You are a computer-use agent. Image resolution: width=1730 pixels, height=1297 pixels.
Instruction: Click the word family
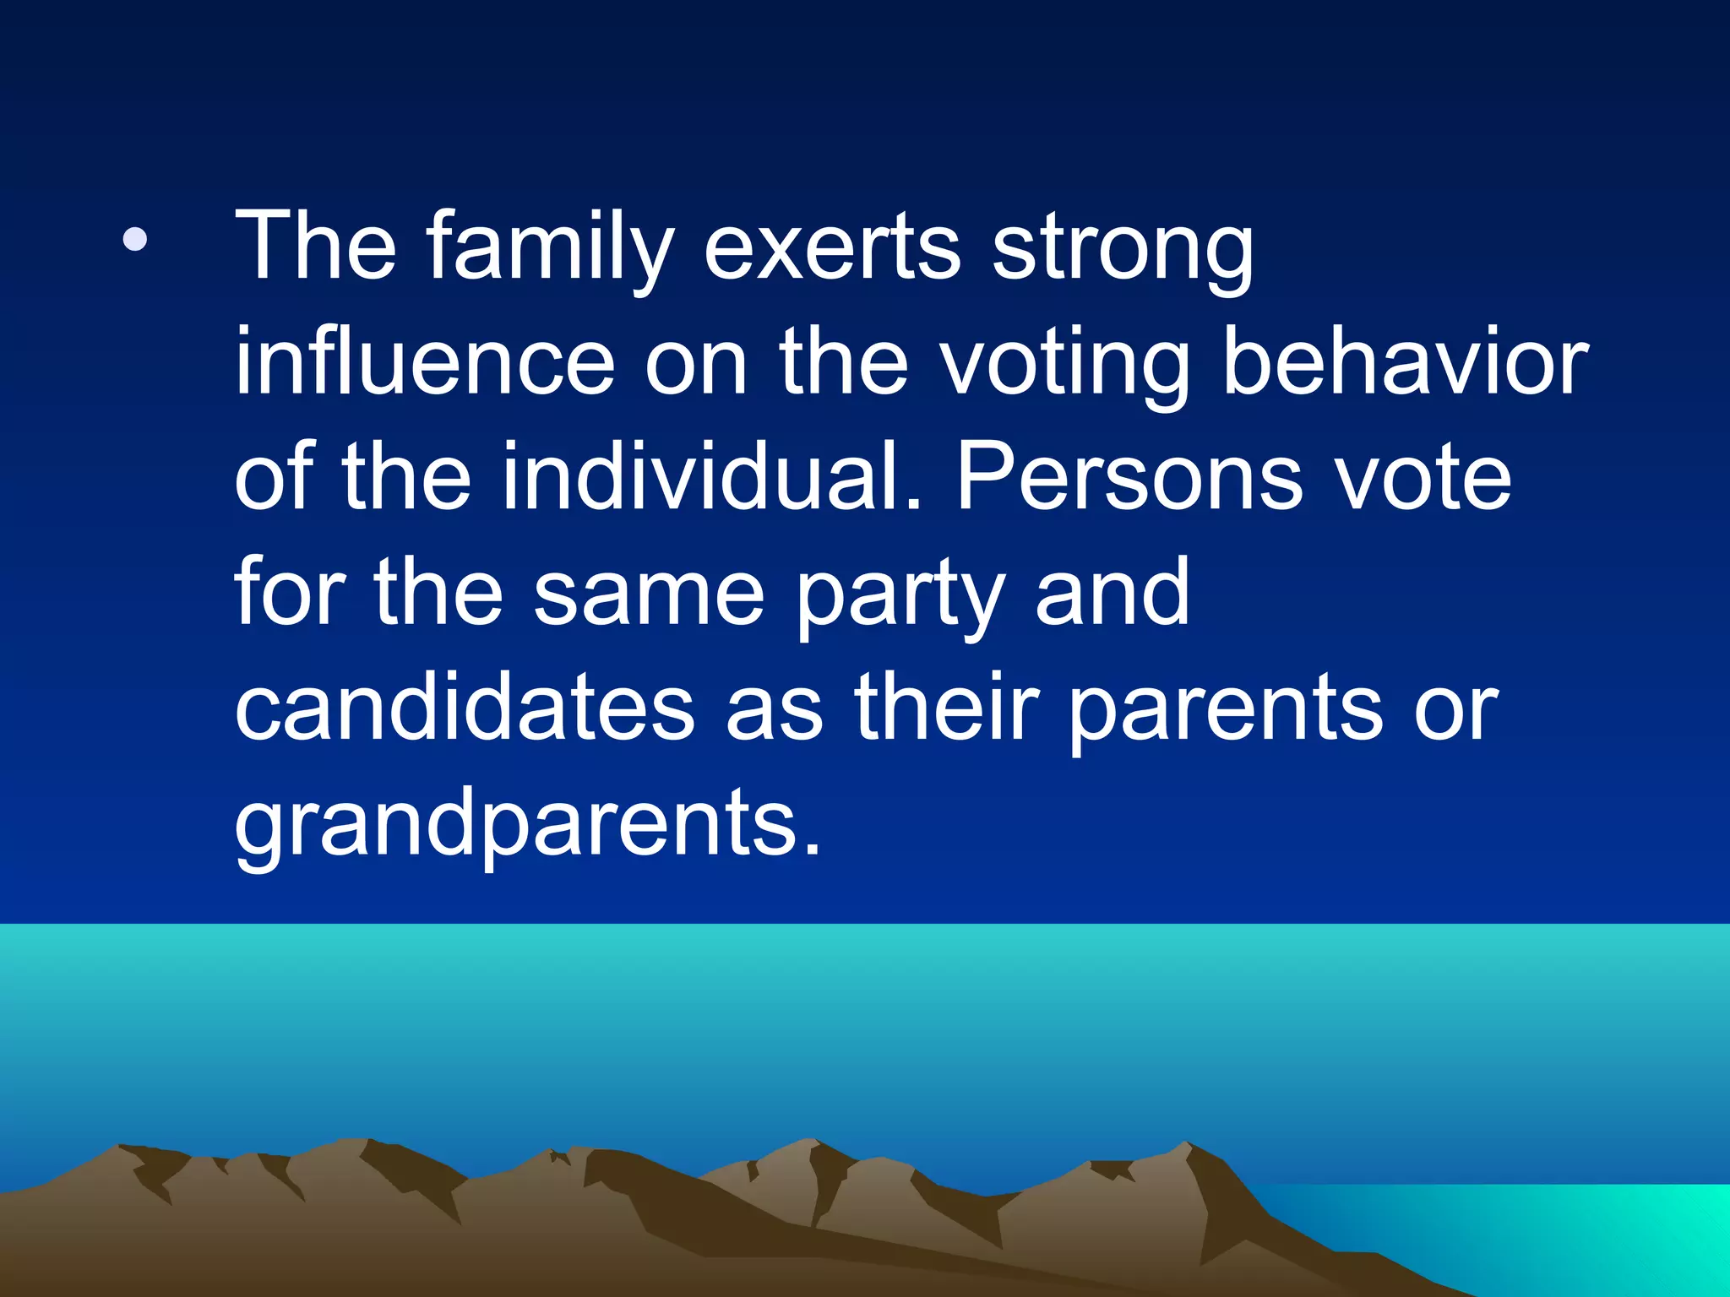click(550, 248)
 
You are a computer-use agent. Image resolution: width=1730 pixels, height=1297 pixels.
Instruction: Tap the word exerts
click(831, 248)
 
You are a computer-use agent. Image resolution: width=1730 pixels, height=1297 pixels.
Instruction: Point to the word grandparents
click(527, 824)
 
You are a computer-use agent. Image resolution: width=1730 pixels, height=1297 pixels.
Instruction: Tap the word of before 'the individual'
click(274, 477)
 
